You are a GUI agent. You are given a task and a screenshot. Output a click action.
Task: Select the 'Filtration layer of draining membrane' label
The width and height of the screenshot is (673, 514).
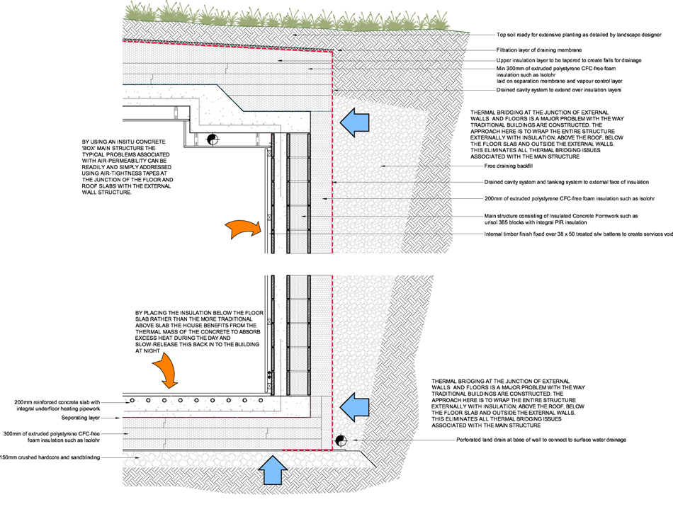tap(539, 50)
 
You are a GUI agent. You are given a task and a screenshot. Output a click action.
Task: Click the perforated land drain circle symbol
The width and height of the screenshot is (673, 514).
tap(340, 440)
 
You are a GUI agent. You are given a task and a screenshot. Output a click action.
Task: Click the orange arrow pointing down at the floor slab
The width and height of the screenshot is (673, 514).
tap(167, 370)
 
